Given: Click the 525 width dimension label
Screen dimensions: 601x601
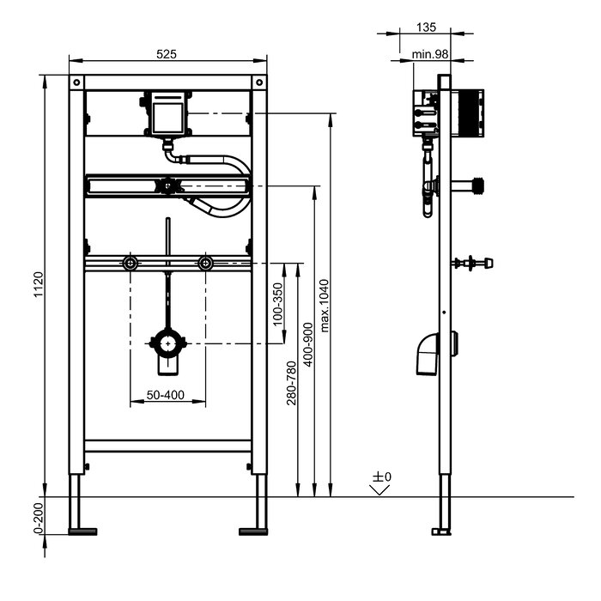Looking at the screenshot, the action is [167, 54].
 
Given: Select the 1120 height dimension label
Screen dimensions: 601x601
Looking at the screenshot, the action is [39, 284].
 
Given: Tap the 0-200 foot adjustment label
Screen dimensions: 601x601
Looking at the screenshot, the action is [39, 518].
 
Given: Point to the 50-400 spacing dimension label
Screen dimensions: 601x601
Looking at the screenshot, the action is [165, 395].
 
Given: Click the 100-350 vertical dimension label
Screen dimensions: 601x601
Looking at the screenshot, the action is [278, 304].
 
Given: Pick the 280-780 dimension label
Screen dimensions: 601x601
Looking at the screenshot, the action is [292, 383].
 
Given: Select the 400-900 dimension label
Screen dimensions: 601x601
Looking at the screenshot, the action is [307, 344].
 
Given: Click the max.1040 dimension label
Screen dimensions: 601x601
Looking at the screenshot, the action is [325, 306].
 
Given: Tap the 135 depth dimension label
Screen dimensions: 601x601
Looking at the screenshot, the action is [426, 27].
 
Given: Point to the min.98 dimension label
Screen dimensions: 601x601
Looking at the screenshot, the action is [429, 54].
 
